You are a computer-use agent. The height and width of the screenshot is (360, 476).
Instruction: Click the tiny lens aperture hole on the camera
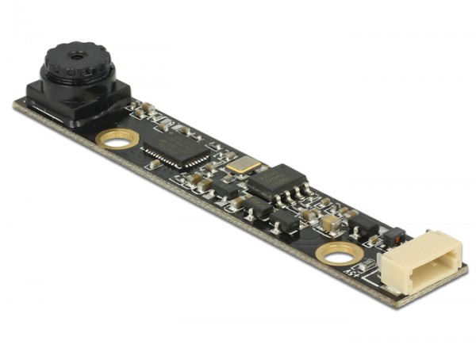click(x=75, y=56)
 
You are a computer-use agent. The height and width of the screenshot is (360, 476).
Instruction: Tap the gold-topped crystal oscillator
click(x=242, y=165)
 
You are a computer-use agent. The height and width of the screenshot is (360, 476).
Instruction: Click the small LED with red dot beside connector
click(x=394, y=236)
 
